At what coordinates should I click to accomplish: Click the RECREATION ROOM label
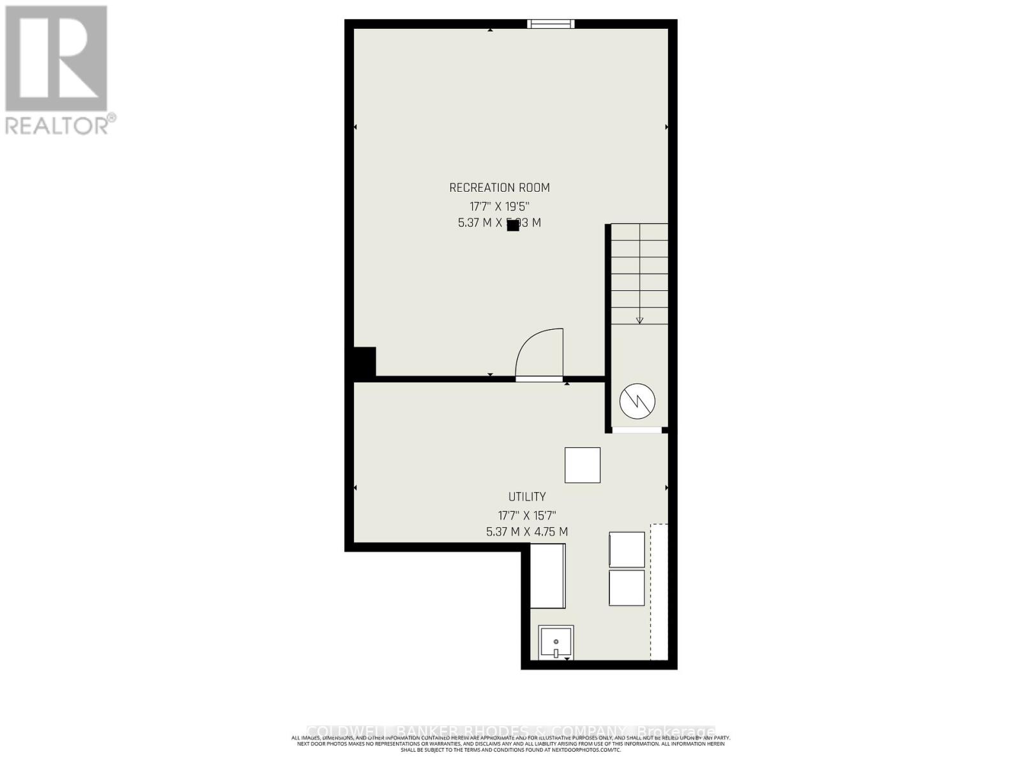coord(500,187)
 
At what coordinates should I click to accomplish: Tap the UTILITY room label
coord(527,497)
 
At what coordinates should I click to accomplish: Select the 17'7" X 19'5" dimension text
coord(500,206)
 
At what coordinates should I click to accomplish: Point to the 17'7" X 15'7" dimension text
coord(527,515)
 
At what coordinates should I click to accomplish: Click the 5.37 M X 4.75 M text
coord(527,532)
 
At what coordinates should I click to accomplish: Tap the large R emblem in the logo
coord(56,59)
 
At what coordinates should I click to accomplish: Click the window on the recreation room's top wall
coord(551,24)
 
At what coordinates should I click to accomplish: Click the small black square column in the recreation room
coord(513,225)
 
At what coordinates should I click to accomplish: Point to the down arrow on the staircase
coord(639,320)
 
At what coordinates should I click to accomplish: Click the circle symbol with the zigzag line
coord(637,401)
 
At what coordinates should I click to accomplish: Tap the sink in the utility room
coord(556,642)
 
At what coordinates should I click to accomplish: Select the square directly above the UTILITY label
coord(583,465)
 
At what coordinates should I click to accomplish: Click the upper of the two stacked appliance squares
coord(627,549)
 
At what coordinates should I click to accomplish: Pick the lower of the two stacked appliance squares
coord(627,588)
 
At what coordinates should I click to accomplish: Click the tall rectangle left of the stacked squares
coord(548,576)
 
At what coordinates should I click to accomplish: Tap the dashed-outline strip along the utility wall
coord(659,592)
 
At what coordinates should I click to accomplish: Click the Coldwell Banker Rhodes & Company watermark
coord(511,731)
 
